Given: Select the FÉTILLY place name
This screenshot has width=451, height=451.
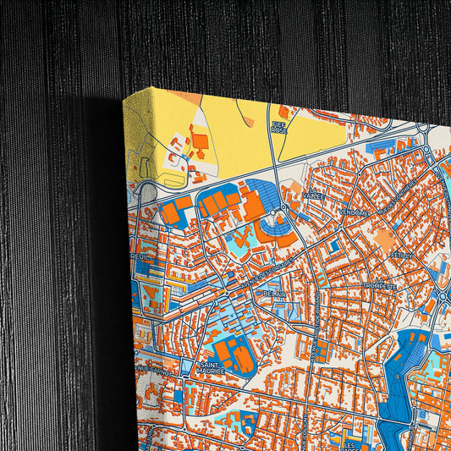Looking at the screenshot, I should [392, 252].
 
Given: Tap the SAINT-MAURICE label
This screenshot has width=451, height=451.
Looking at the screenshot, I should [211, 367].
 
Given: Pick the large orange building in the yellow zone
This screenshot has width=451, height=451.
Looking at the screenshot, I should [201, 142].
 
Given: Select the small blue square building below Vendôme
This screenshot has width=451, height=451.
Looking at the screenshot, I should [335, 246].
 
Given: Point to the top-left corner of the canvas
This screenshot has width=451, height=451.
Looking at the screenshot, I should [124, 96].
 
